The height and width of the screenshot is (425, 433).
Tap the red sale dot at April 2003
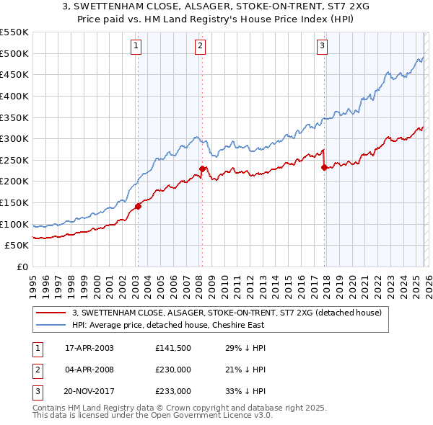[x=137, y=206]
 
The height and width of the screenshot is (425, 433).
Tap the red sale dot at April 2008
[x=202, y=169]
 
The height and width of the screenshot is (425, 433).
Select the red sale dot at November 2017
[x=324, y=167]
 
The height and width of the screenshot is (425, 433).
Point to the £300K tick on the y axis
[x=14, y=138]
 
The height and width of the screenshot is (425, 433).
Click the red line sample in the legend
[x=51, y=313]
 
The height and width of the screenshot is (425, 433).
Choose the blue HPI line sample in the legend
[x=51, y=325]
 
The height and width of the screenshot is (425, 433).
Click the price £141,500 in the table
[x=172, y=348]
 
